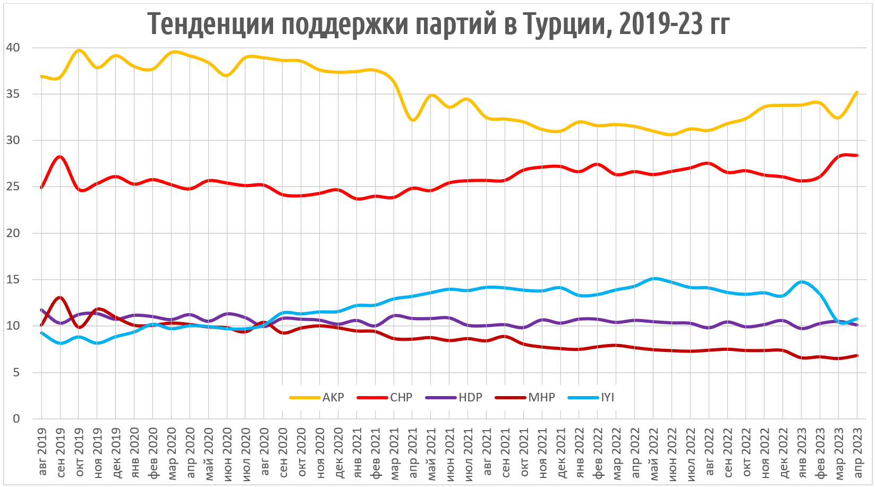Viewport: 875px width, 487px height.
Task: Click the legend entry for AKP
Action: pos(333,397)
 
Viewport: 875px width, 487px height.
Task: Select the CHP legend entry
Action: pos(401,397)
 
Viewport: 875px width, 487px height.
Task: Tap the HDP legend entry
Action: pos(470,397)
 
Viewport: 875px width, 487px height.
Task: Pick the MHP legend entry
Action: pos(541,397)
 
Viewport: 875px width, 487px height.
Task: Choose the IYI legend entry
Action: pos(607,397)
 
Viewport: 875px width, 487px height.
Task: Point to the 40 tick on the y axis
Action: pos(13,48)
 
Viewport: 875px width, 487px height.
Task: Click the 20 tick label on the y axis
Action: pos(13,233)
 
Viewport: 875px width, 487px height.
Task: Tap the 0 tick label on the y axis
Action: pos(16,419)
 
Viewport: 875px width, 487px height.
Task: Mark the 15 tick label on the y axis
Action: pos(13,280)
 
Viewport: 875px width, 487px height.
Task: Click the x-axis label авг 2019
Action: pos(43,452)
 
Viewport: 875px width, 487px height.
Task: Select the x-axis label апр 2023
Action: pos(857,452)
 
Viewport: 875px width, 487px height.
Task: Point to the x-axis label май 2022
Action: pos(653,452)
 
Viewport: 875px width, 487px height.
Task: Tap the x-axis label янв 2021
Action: pos(357,452)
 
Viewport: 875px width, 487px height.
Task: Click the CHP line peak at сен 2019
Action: pos(60,156)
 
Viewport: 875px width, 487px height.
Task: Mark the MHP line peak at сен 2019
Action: pos(60,297)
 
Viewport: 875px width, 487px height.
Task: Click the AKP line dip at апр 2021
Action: pos(413,120)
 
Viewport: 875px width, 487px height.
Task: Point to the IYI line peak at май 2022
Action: pos(654,278)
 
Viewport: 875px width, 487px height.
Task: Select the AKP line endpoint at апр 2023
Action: pos(857,92)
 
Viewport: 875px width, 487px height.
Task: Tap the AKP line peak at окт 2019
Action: pos(79,50)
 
